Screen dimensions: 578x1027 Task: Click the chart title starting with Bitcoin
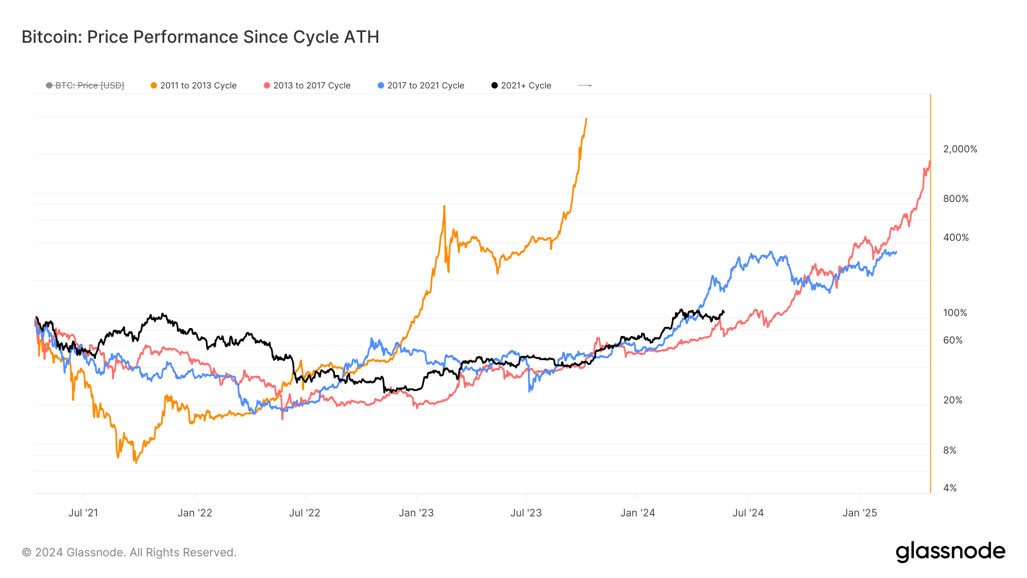(x=200, y=37)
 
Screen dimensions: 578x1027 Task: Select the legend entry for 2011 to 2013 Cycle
(x=193, y=86)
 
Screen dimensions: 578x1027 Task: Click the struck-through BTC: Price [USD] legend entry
(x=85, y=86)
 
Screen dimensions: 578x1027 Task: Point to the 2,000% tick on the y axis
(x=960, y=149)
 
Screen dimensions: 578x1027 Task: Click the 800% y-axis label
(x=956, y=199)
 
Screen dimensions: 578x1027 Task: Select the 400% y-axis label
(x=956, y=237)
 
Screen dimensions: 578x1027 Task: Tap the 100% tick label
(x=955, y=313)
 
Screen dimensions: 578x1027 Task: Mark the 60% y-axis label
(x=953, y=340)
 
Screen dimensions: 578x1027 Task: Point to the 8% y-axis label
(x=949, y=450)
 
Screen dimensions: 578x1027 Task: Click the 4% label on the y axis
(x=949, y=488)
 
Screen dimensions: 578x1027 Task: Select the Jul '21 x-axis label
(x=83, y=513)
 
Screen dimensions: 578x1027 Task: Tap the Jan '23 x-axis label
(x=416, y=513)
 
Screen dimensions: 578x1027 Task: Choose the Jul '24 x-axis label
(x=747, y=513)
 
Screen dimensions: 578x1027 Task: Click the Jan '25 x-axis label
(x=859, y=513)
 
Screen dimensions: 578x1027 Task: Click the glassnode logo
(x=950, y=552)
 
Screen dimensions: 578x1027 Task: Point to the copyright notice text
(x=129, y=552)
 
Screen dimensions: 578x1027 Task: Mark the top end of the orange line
(x=586, y=119)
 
